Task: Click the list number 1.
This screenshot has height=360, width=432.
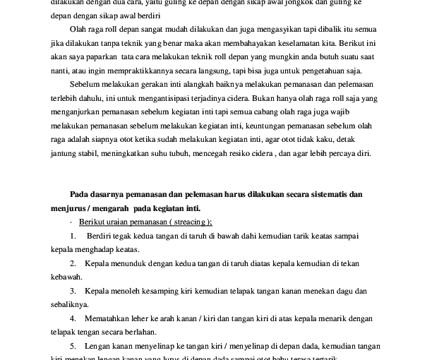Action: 73,235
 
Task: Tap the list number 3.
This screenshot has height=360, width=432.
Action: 73,290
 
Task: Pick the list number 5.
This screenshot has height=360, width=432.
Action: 73,345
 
